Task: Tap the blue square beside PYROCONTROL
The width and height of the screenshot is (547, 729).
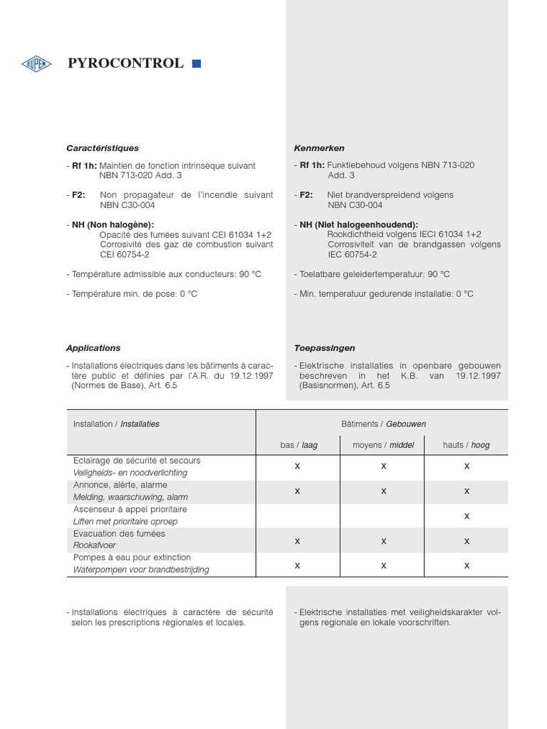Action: [x=197, y=64]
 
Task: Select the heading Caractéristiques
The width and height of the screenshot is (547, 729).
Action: [x=102, y=148]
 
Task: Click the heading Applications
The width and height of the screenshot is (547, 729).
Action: [x=93, y=348]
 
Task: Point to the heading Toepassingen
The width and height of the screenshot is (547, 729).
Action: [x=324, y=348]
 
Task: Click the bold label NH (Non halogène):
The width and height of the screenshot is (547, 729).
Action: [x=113, y=224]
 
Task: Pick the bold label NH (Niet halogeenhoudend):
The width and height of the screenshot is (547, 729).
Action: [x=358, y=224]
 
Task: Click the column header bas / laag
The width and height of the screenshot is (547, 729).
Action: [x=298, y=445]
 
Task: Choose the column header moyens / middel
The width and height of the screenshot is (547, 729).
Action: [x=383, y=445]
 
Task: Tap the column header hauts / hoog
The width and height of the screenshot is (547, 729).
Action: [x=467, y=445]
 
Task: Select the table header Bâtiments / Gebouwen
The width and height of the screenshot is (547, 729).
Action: [x=382, y=424]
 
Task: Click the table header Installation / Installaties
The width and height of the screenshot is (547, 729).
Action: [x=116, y=424]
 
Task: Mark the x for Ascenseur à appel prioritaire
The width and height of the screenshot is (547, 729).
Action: [x=467, y=515]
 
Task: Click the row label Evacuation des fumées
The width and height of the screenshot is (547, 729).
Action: [x=119, y=534]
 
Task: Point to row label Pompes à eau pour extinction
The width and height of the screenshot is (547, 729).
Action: [x=132, y=557]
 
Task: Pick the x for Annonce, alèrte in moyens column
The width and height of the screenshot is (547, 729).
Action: [x=383, y=491]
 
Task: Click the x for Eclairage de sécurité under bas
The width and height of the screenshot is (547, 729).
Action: [x=298, y=466]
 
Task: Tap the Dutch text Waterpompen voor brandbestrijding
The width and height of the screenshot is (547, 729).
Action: [x=141, y=570]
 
